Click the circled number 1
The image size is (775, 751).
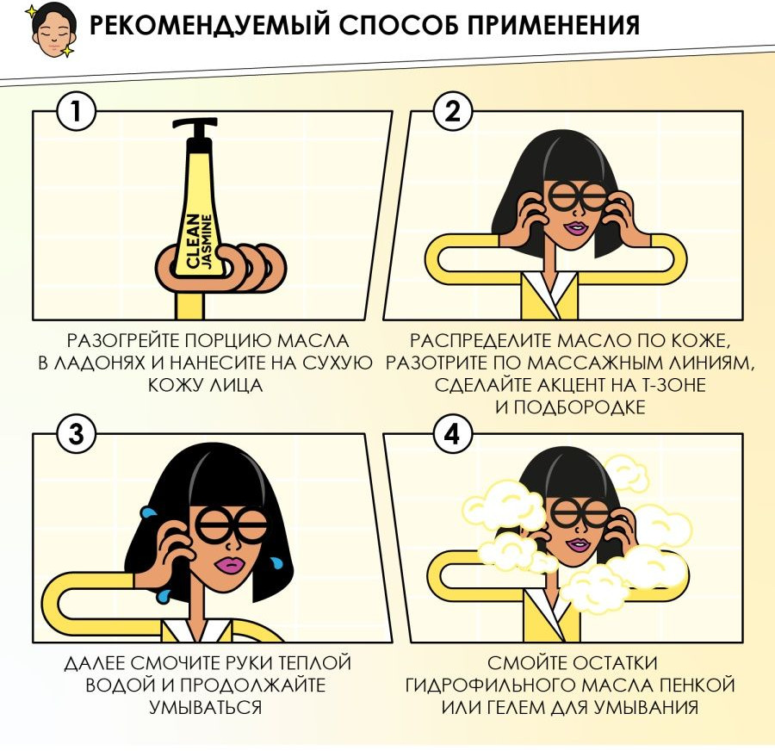[76, 112]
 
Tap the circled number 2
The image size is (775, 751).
[453, 112]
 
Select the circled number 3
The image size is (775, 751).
[76, 435]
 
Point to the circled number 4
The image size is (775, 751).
[453, 435]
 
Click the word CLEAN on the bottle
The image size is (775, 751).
[193, 241]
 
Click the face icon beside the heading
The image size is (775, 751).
[49, 29]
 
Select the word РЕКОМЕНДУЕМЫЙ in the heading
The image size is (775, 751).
[209, 26]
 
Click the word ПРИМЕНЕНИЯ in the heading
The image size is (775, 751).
[553, 25]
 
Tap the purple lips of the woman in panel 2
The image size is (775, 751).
[576, 228]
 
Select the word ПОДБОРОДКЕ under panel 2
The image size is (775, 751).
[580, 407]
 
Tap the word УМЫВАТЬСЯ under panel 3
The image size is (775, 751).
[206, 707]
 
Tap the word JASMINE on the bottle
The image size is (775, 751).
[207, 241]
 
